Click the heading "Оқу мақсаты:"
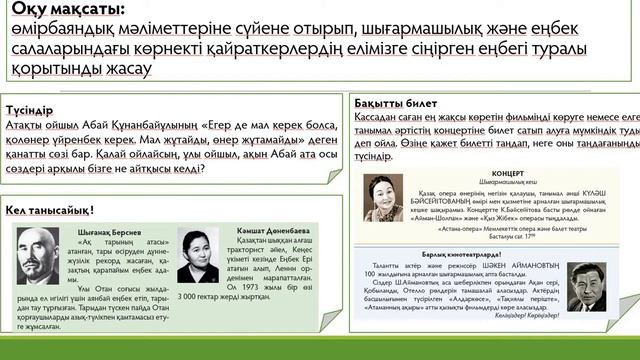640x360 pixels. coord(69,11)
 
